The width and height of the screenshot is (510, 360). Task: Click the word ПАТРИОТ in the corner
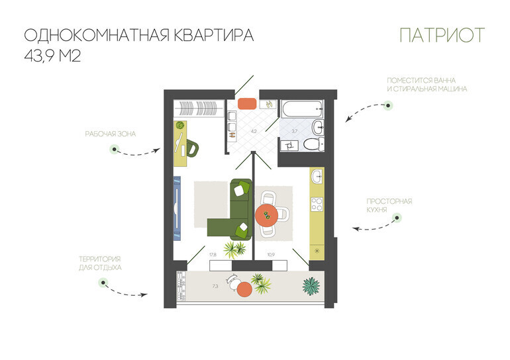(442, 35)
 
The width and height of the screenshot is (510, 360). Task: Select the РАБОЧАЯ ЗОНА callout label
(110, 134)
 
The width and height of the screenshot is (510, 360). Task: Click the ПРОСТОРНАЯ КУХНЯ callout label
(389, 205)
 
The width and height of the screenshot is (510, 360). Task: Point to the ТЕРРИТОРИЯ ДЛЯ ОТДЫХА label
(100, 263)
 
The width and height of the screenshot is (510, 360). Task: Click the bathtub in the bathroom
(303, 109)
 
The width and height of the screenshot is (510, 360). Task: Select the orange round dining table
(267, 215)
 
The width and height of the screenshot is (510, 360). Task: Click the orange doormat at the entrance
(247, 104)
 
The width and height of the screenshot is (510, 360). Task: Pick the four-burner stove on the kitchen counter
(317, 204)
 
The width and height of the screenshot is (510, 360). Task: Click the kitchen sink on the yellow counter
(317, 177)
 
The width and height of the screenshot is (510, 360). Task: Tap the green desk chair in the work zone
(193, 148)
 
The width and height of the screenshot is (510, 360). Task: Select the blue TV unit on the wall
(177, 208)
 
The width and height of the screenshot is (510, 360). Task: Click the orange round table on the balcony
(244, 289)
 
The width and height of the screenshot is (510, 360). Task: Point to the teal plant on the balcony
(311, 287)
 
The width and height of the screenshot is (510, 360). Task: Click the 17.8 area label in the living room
(213, 255)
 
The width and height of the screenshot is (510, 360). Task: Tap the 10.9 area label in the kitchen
(271, 255)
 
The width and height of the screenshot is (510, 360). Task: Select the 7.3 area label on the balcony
(215, 287)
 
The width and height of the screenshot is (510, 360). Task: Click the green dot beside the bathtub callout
(387, 105)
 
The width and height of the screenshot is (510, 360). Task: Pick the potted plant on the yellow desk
(180, 126)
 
